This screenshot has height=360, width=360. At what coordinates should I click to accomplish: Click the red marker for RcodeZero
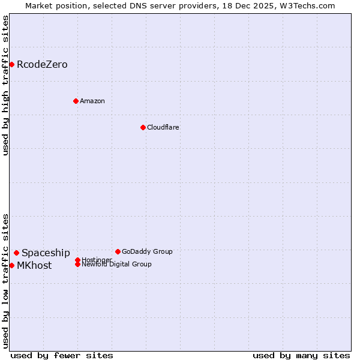pyautogui.click(x=11, y=64)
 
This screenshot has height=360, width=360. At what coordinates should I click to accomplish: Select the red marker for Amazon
pyautogui.click(x=76, y=101)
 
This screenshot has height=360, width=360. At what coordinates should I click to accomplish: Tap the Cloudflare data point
pyautogui.click(x=143, y=127)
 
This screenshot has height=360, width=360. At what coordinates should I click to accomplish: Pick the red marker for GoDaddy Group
pyautogui.click(x=118, y=251)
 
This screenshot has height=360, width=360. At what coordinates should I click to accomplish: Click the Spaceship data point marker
pyautogui.click(x=16, y=253)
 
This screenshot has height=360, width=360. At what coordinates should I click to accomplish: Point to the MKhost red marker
pyautogui.click(x=11, y=265)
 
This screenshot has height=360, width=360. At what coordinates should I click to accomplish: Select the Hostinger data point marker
pyautogui.click(x=77, y=260)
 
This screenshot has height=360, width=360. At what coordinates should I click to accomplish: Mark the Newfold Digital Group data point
pyautogui.click(x=77, y=264)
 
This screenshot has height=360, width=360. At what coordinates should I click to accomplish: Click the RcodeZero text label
pyautogui.click(x=42, y=64)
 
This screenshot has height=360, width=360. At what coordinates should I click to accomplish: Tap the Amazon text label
pyautogui.click(x=92, y=101)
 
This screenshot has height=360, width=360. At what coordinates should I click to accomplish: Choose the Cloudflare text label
pyautogui.click(x=163, y=127)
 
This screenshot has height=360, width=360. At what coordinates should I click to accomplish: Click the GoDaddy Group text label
pyautogui.click(x=147, y=251)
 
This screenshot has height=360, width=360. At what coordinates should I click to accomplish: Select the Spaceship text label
pyautogui.click(x=46, y=253)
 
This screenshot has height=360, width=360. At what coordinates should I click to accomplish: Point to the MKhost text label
pyautogui.click(x=34, y=265)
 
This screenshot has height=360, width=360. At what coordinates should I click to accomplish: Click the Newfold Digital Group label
pyautogui.click(x=117, y=265)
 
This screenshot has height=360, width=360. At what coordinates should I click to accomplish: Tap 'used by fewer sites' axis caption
pyautogui.click(x=62, y=355)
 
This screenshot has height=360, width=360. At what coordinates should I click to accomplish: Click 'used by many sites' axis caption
pyautogui.click(x=301, y=355)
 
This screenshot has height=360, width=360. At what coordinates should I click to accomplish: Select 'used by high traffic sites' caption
pyautogui.click(x=5, y=85)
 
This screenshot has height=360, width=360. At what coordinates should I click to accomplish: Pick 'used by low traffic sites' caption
pyautogui.click(x=5, y=281)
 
